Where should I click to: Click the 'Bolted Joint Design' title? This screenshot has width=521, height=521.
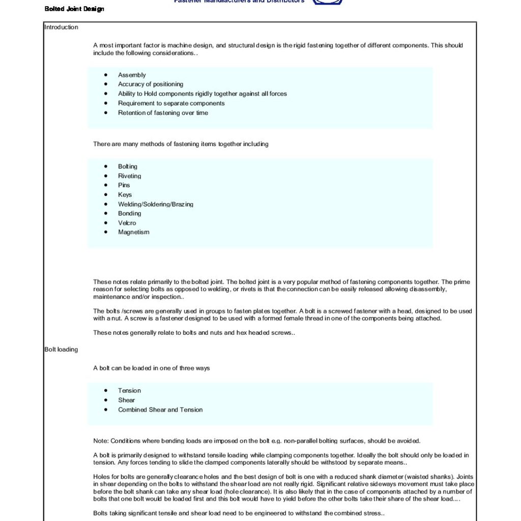(74, 9)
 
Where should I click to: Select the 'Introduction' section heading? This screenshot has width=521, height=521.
(61, 27)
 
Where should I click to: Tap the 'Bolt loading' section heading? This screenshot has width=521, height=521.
(61, 350)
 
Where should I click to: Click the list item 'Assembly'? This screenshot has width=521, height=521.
(132, 75)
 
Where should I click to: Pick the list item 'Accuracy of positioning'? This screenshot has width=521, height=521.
(151, 84)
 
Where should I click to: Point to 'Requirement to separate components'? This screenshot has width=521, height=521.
(171, 103)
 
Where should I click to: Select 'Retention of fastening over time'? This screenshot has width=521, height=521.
(163, 113)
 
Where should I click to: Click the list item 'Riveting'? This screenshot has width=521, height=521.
(130, 176)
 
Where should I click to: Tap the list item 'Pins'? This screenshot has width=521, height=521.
(124, 185)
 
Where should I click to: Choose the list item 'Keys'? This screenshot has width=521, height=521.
(125, 194)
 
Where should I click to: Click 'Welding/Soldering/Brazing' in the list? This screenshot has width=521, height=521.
(156, 204)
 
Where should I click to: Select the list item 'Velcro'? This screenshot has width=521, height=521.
(127, 223)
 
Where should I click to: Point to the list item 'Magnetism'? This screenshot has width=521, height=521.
(134, 232)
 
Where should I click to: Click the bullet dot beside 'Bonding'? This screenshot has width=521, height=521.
(106, 214)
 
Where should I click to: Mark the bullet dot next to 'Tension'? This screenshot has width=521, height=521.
(106, 391)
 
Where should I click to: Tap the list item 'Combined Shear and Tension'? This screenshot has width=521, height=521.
(160, 410)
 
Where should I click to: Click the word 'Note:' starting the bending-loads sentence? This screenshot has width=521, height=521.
(101, 441)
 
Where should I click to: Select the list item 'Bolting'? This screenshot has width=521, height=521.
(128, 166)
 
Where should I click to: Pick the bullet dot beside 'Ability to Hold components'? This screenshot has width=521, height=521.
(106, 94)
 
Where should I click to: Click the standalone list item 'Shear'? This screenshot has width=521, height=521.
(127, 400)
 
